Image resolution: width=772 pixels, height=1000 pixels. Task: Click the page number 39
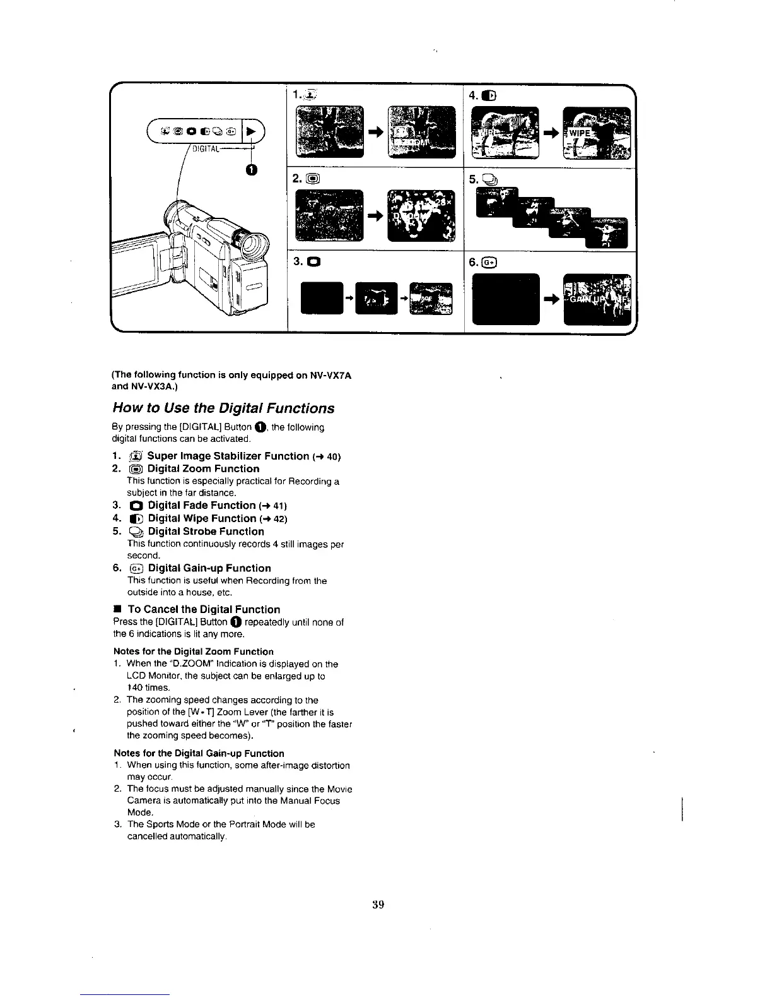click(378, 904)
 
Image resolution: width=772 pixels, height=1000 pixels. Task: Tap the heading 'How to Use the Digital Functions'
click(223, 408)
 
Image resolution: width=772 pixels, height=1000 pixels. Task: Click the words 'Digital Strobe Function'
click(206, 532)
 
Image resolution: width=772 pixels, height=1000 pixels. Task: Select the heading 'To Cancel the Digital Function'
click(204, 609)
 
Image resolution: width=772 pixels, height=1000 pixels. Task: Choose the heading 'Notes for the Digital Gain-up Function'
click(199, 753)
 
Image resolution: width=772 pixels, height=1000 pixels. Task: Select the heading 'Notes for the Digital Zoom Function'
click(194, 652)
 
